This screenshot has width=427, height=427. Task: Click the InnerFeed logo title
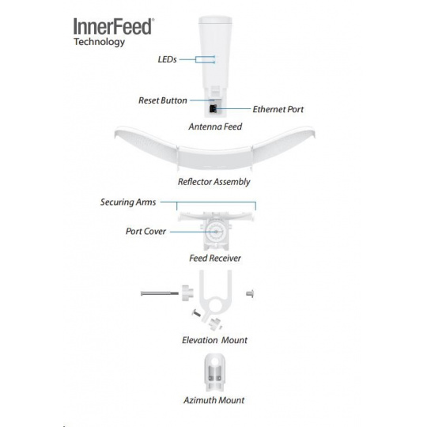114,26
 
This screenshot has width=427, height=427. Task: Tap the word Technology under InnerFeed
100,42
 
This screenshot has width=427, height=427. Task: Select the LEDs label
167,59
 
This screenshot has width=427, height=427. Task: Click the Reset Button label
163,100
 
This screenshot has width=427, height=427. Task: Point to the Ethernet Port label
278,109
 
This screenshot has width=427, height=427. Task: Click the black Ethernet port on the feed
213,109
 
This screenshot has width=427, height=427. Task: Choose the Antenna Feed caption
215,127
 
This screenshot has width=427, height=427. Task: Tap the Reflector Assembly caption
214,182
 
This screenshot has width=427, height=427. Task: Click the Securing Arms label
128,202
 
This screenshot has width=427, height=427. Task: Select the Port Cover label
145,232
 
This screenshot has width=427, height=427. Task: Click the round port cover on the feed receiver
215,232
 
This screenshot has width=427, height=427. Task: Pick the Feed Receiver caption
215,258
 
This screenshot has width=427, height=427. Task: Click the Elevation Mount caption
214,340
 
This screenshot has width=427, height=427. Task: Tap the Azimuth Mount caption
214,400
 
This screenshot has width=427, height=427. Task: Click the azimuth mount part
214,372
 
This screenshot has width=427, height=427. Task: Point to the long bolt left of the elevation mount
160,293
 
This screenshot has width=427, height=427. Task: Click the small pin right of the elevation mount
250,293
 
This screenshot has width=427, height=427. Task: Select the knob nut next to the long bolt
187,293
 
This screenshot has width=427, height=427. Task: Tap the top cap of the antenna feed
215,20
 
